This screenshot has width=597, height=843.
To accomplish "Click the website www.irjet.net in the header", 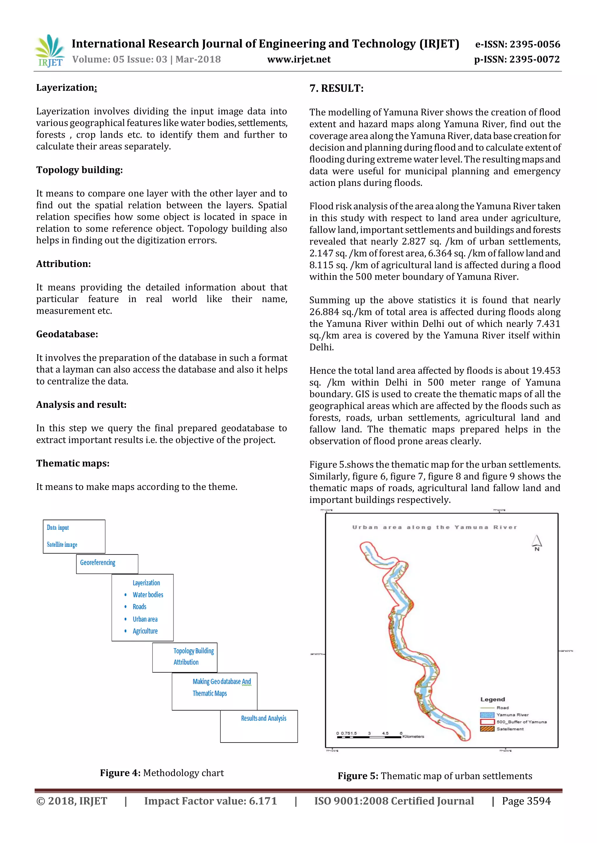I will (298, 59).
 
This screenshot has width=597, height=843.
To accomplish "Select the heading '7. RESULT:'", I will (336, 88).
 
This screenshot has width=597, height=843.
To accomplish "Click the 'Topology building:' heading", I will (79, 170).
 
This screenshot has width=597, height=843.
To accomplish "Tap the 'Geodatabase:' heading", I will (67, 334).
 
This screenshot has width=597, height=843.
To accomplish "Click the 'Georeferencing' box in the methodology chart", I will (107, 564).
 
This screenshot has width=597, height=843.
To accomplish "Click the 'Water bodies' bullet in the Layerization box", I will (148, 595).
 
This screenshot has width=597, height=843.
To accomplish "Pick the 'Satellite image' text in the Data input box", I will (62, 545).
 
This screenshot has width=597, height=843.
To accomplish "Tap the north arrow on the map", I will (537, 542).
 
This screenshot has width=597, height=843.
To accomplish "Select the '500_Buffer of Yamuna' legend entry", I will (521, 722).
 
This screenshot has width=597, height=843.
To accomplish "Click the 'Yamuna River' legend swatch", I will (487, 715).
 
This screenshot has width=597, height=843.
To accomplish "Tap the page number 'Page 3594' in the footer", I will (526, 801).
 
